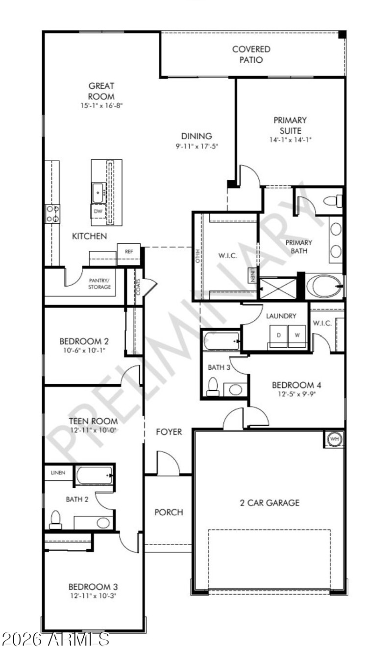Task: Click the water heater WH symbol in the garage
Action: click(x=335, y=439)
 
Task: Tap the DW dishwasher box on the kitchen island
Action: click(x=98, y=211)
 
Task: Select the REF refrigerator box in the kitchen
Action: click(x=129, y=251)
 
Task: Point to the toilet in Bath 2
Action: click(x=55, y=519)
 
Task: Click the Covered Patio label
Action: click(x=251, y=54)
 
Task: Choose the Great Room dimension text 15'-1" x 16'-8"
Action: click(x=101, y=105)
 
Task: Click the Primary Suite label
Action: click(x=290, y=124)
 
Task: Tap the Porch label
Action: click(x=169, y=512)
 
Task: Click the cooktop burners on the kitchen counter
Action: click(x=52, y=214)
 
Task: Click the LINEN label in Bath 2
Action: click(x=59, y=473)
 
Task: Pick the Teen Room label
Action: click(x=93, y=421)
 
